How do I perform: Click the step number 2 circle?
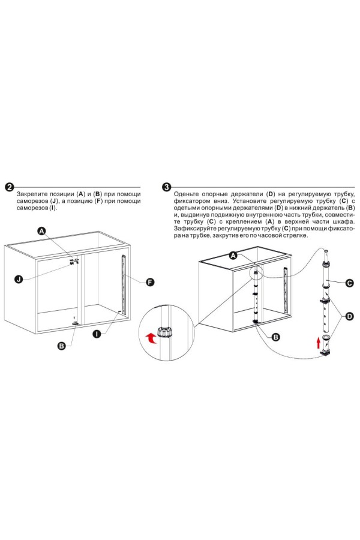coord(10,187)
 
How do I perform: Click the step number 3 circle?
coord(166,187)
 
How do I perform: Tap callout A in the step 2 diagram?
coord(42,231)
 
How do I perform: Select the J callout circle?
coord(19,279)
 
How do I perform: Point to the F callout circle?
coord(149,283)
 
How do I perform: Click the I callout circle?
coord(97,334)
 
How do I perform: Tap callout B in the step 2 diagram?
coord(62,346)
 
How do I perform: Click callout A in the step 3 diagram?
coord(233,256)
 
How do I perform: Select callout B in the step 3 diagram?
coord(275,337)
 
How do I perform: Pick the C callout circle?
coord(349,283)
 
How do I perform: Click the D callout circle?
coord(349,316)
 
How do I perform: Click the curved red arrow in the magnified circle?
coord(150,338)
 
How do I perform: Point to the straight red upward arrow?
coord(319,343)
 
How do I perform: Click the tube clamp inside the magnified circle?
coord(164,332)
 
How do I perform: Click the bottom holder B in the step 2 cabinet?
coord(75,323)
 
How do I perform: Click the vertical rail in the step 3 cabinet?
coord(285,287)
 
